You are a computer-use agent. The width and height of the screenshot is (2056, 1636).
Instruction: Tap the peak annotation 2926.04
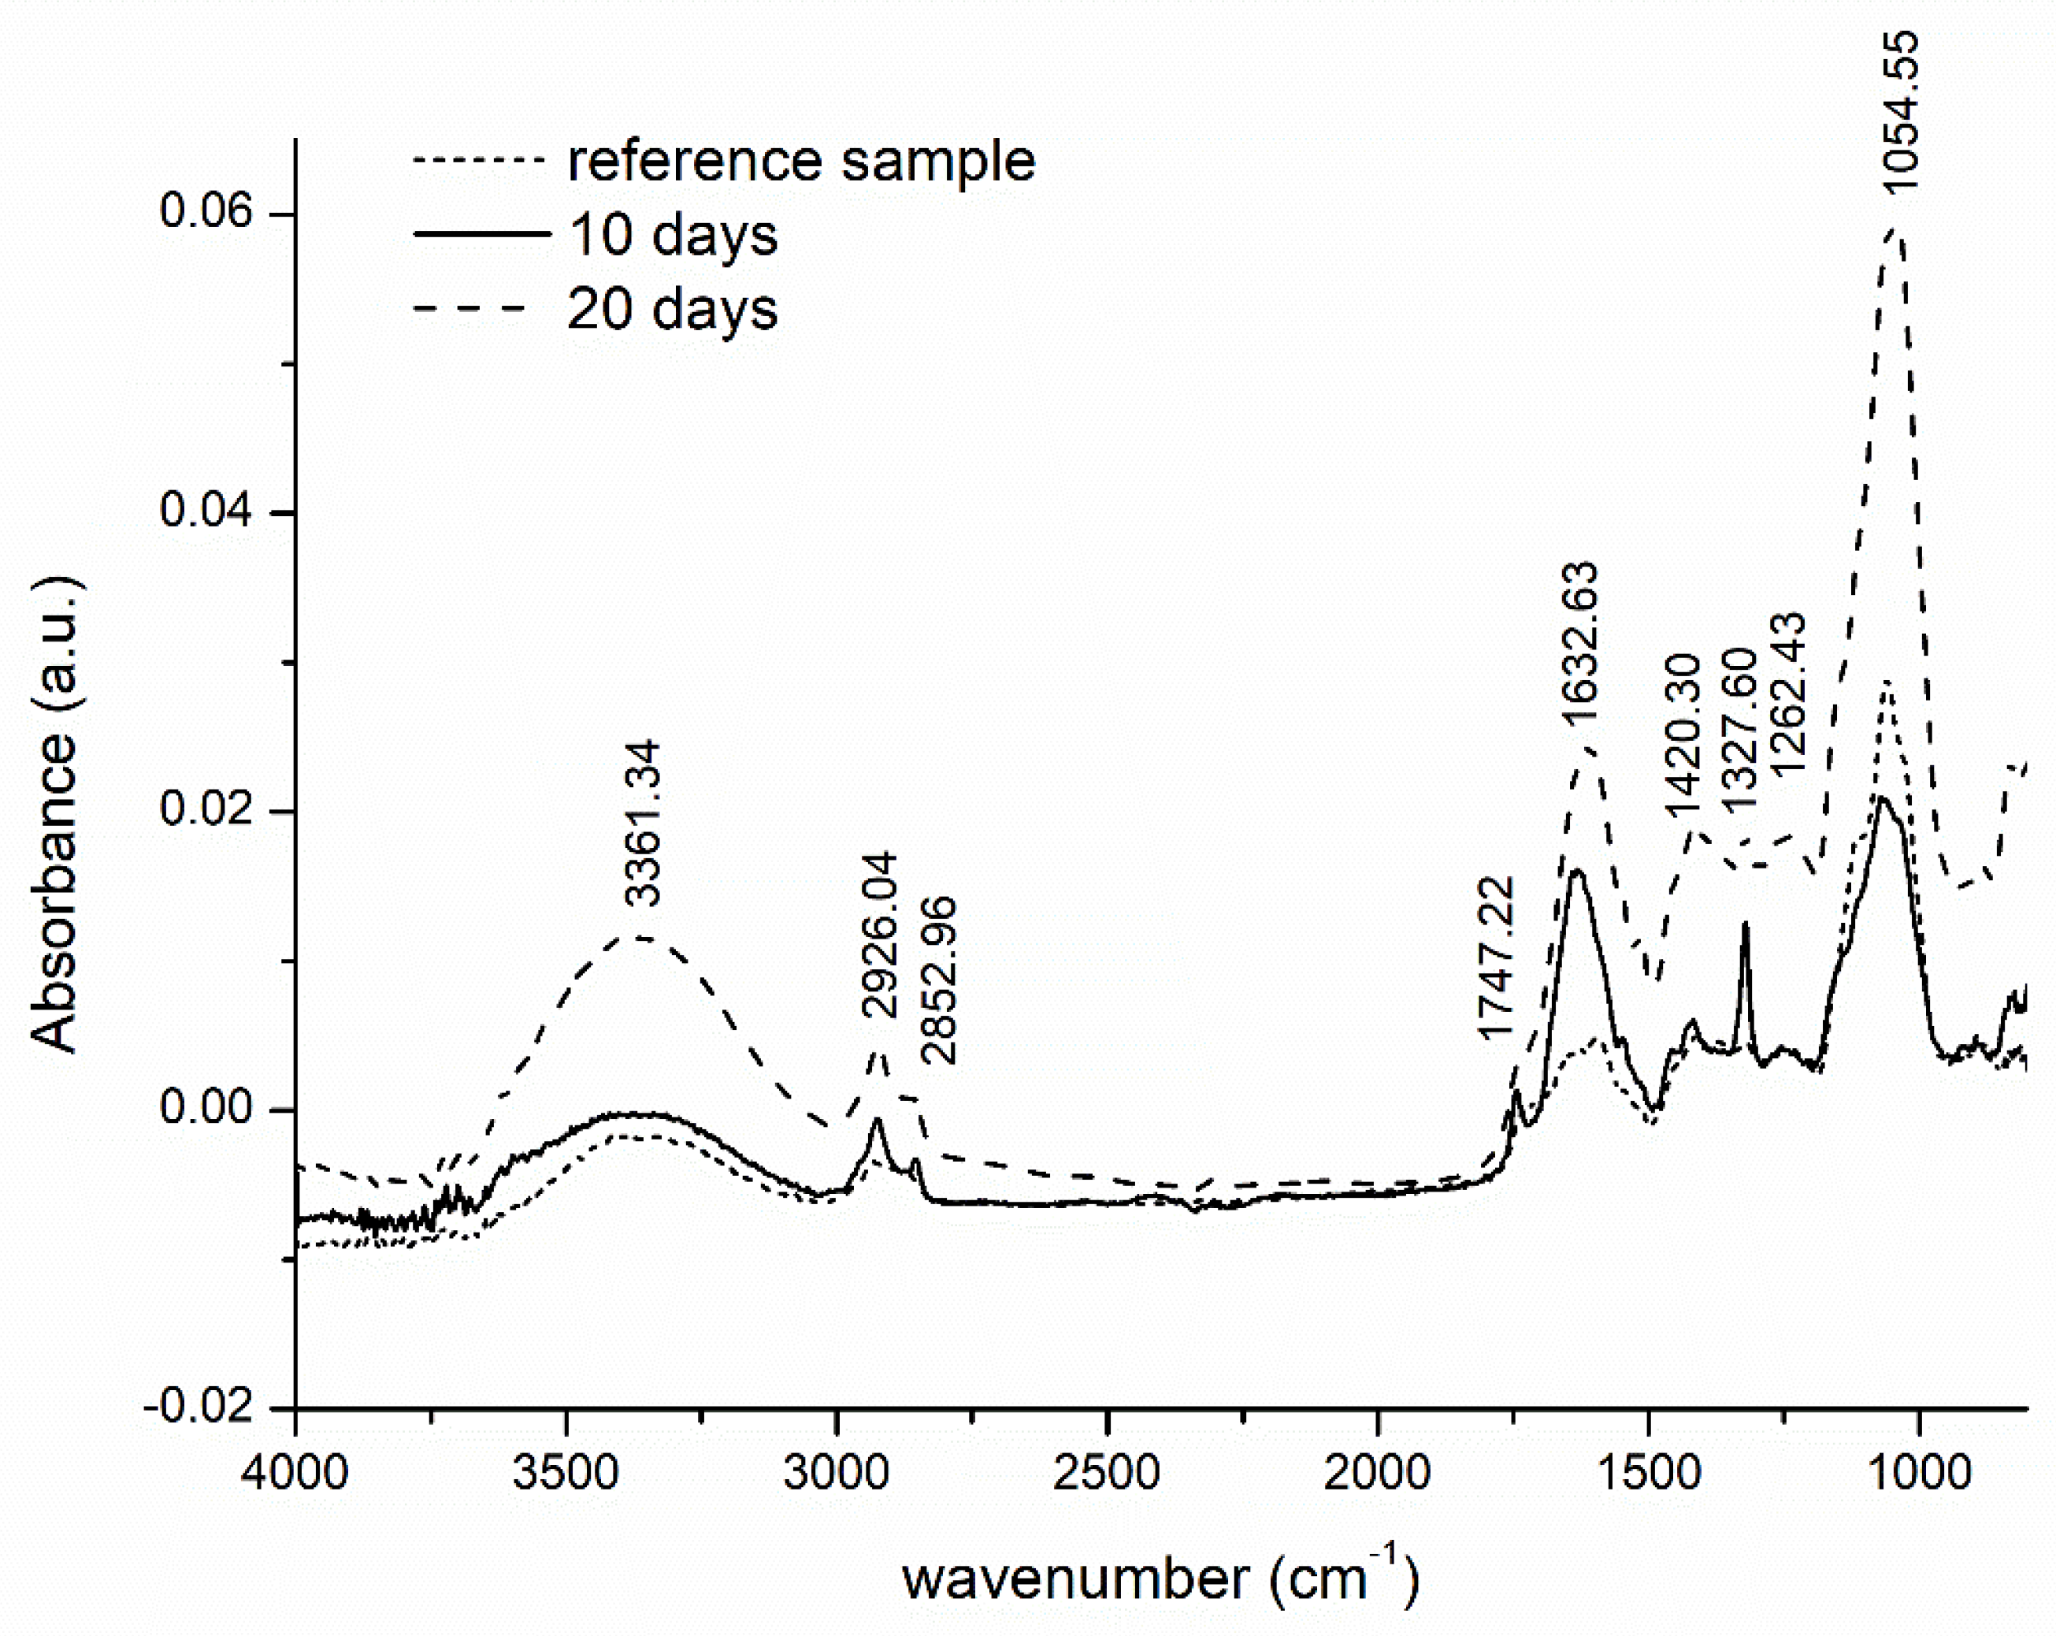click(x=878, y=935)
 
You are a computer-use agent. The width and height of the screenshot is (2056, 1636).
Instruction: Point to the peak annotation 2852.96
click(x=937, y=980)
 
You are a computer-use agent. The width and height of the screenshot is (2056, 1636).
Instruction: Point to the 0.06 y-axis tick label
click(x=193, y=211)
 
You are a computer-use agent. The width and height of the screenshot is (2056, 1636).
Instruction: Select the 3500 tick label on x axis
click(x=565, y=1472)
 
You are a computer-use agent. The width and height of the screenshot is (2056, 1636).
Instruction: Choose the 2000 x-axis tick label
click(x=1376, y=1472)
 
